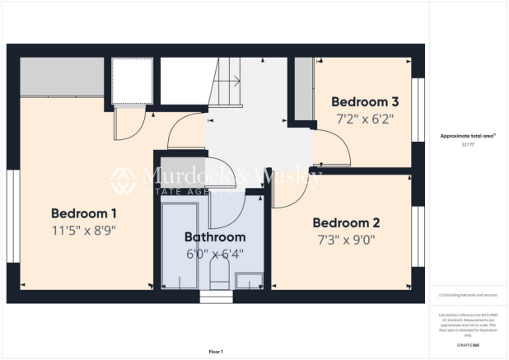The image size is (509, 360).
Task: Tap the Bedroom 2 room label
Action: click(346, 222)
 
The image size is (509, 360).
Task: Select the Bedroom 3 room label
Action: click(365, 102)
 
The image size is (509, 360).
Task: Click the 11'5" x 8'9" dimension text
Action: click(84, 230)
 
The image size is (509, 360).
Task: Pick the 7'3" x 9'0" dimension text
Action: click(346, 241)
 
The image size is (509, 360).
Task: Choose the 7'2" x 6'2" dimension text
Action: click(365, 119)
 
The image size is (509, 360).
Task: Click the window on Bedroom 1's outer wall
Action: click(12, 217)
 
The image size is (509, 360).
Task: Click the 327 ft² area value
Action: click(469, 143)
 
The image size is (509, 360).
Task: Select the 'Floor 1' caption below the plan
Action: click(217, 351)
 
